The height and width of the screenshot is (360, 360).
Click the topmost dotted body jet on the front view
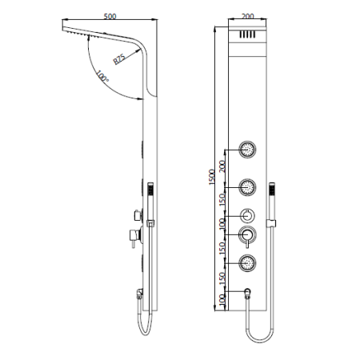(248, 150)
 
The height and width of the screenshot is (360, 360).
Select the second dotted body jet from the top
(248, 187)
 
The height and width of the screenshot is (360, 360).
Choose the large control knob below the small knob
(248, 235)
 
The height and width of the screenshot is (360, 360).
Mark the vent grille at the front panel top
(248, 36)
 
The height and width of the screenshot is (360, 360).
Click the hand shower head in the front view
(274, 190)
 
